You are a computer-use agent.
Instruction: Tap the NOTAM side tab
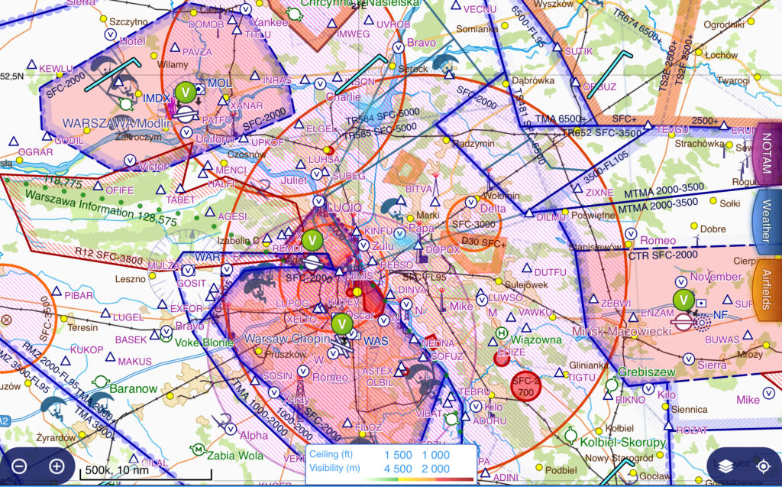pyautogui.click(x=767, y=153)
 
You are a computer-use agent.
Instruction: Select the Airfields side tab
pyautogui.click(x=767, y=291)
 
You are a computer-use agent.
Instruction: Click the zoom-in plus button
pyautogui.click(x=57, y=466)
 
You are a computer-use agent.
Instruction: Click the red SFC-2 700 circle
pyautogui.click(x=525, y=387)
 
